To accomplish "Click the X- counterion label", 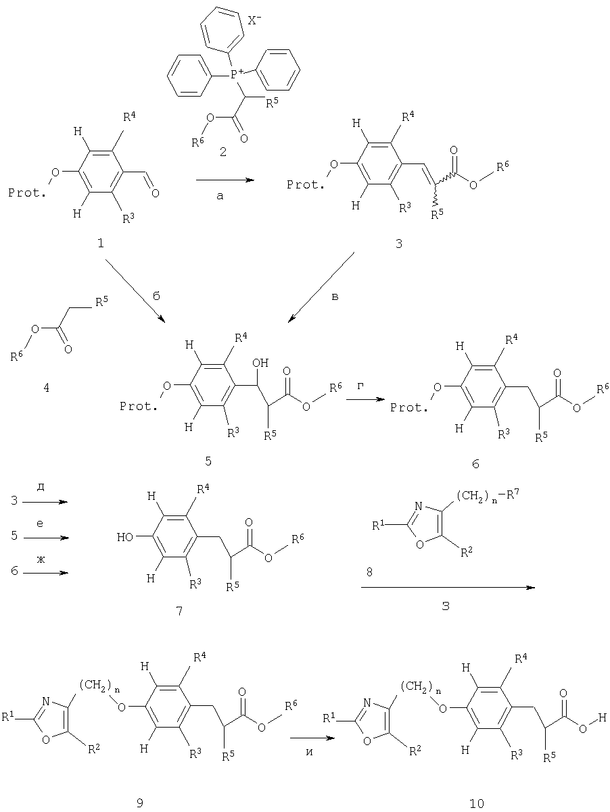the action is tap(254, 21).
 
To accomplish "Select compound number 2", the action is tap(223, 151).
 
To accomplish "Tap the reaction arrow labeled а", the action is tap(225, 180).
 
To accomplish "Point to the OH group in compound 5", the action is tap(260, 363).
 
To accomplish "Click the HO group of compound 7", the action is tap(125, 537).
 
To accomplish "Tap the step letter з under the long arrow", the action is tap(446, 606).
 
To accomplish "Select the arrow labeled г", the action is tap(365, 399).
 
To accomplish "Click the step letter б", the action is tap(156, 296).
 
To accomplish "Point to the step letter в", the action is tap(335, 297).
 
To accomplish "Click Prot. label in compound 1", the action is tap(27, 193).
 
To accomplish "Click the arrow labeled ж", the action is tap(45, 573).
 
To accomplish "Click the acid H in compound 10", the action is tap(603, 717).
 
